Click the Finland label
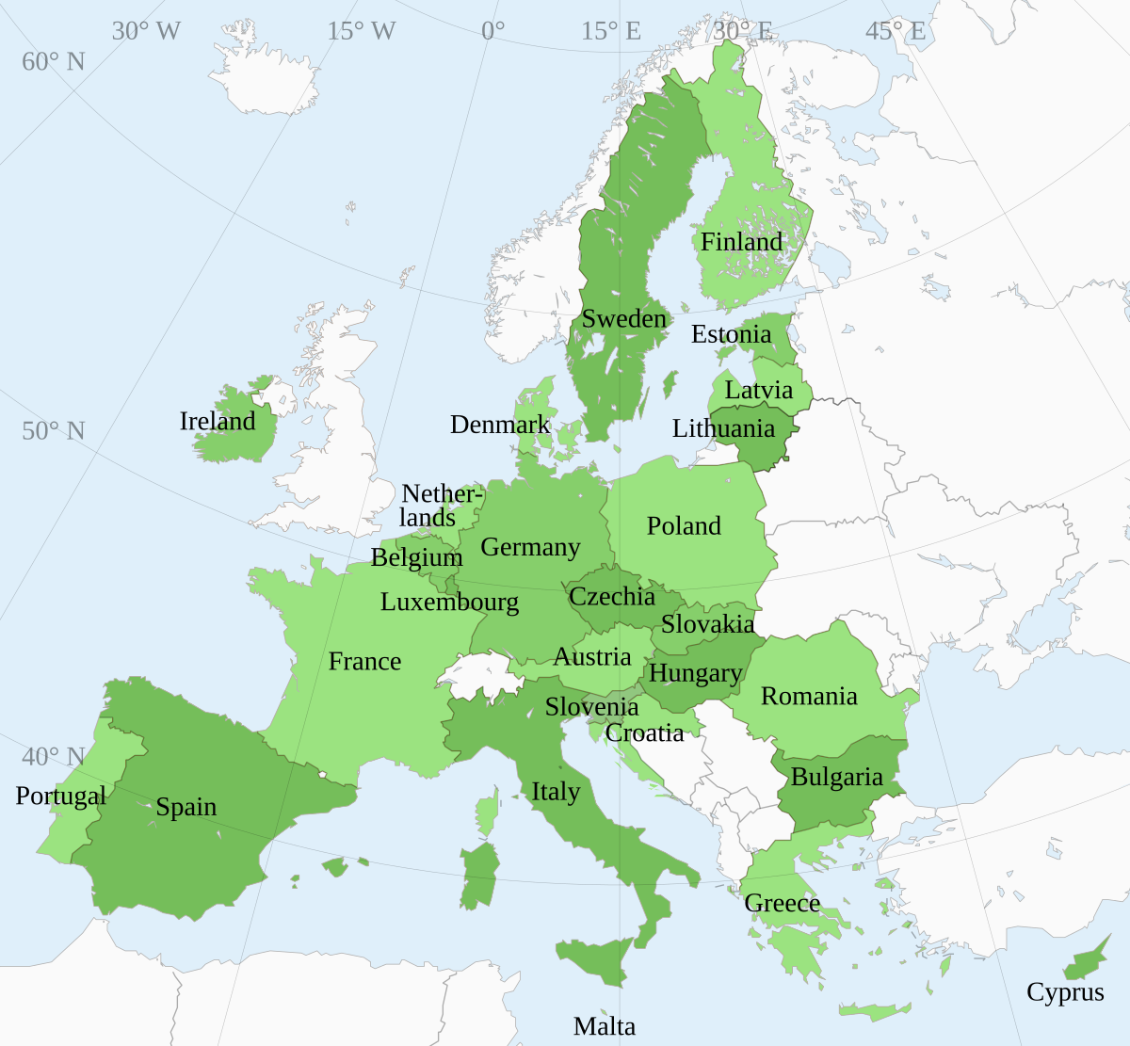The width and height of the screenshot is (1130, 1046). [741, 242]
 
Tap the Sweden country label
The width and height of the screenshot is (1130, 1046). [623, 319]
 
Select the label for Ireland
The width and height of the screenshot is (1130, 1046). [218, 421]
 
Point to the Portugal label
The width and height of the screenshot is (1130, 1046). [61, 797]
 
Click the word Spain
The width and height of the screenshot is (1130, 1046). [186, 807]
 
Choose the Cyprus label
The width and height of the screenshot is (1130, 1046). [1065, 992]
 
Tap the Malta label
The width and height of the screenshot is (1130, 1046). [605, 1026]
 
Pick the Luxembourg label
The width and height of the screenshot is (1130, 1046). [449, 602]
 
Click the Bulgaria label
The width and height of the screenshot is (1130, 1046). [837, 777]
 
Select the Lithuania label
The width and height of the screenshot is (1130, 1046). [723, 429]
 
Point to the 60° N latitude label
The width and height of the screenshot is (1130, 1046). [54, 62]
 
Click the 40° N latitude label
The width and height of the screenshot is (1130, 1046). [54, 757]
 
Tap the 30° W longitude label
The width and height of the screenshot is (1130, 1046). [146, 31]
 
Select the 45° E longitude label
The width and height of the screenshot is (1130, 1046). [896, 31]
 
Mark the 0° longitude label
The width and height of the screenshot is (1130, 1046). [492, 31]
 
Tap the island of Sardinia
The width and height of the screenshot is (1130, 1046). [480, 876]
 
